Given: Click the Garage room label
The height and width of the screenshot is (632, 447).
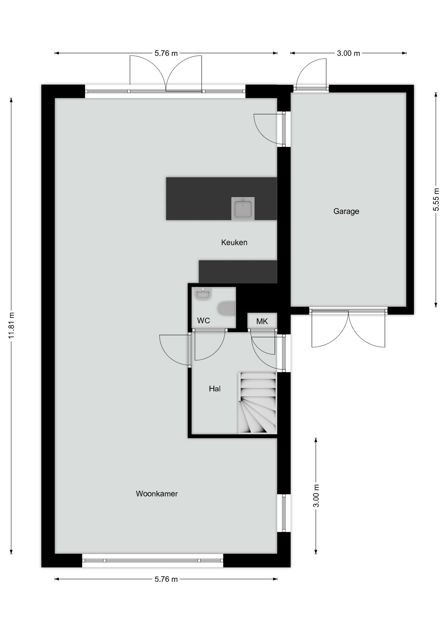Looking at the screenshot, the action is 346,211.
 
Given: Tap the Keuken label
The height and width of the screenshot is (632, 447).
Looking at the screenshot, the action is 234,243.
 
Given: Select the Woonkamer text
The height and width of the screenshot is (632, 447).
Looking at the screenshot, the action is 157,494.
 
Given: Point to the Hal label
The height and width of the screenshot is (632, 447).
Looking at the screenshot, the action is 215,389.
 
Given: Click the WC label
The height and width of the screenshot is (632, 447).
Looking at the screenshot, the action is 203,321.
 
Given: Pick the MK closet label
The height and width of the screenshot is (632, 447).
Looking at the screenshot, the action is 262,321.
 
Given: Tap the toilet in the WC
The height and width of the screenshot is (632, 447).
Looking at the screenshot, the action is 226,308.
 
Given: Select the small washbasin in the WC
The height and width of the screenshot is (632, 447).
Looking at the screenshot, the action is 203,293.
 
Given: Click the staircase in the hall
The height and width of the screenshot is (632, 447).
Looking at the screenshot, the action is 257,403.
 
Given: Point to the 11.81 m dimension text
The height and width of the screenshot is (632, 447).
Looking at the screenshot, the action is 12,325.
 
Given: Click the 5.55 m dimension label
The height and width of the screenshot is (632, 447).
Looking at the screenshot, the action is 436,199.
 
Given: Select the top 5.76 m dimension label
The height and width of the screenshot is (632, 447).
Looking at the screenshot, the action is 166,53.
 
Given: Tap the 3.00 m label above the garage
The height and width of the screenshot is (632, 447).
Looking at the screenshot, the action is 348,53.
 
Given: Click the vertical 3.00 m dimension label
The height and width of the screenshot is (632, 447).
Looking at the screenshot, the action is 316,496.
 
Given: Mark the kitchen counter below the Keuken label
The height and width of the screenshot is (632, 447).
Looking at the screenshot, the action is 238,272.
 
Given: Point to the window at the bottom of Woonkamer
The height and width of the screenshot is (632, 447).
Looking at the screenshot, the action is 152,560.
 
